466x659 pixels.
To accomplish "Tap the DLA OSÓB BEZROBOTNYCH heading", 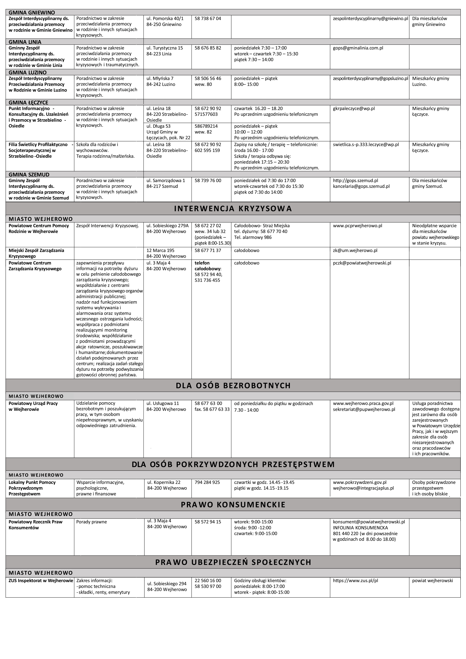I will coord(233,386).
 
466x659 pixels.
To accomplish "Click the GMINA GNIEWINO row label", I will coord(32,12).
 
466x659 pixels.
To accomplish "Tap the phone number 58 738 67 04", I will coord(208,18).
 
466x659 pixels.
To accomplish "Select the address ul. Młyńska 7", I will coord(160,78).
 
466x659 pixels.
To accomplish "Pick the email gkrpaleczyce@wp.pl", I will coord(354,109).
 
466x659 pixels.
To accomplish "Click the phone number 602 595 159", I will coord(207,150).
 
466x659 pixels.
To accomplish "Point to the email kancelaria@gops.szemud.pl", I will coord(361,186).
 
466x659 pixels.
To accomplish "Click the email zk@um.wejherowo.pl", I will coord(355,250).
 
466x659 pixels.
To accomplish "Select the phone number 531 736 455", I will coord(207,280).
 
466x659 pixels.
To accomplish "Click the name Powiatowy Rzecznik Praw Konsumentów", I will coord(35,525).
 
